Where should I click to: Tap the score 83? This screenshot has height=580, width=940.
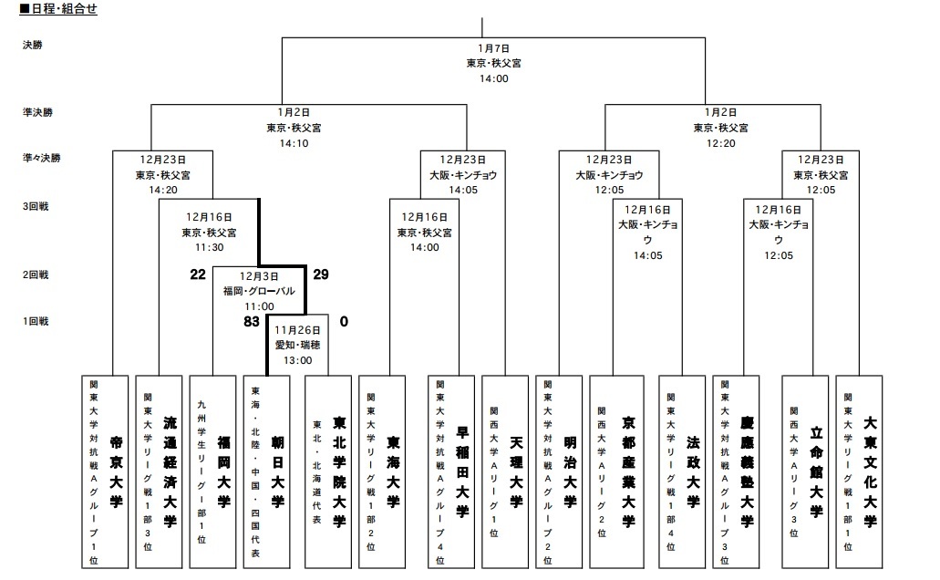252,321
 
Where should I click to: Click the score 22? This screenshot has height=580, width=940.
198,274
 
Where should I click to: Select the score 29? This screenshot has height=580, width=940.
320,274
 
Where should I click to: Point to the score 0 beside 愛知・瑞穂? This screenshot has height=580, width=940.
344,321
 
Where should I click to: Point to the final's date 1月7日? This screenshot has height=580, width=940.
493,47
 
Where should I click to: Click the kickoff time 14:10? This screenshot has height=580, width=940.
294,143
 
